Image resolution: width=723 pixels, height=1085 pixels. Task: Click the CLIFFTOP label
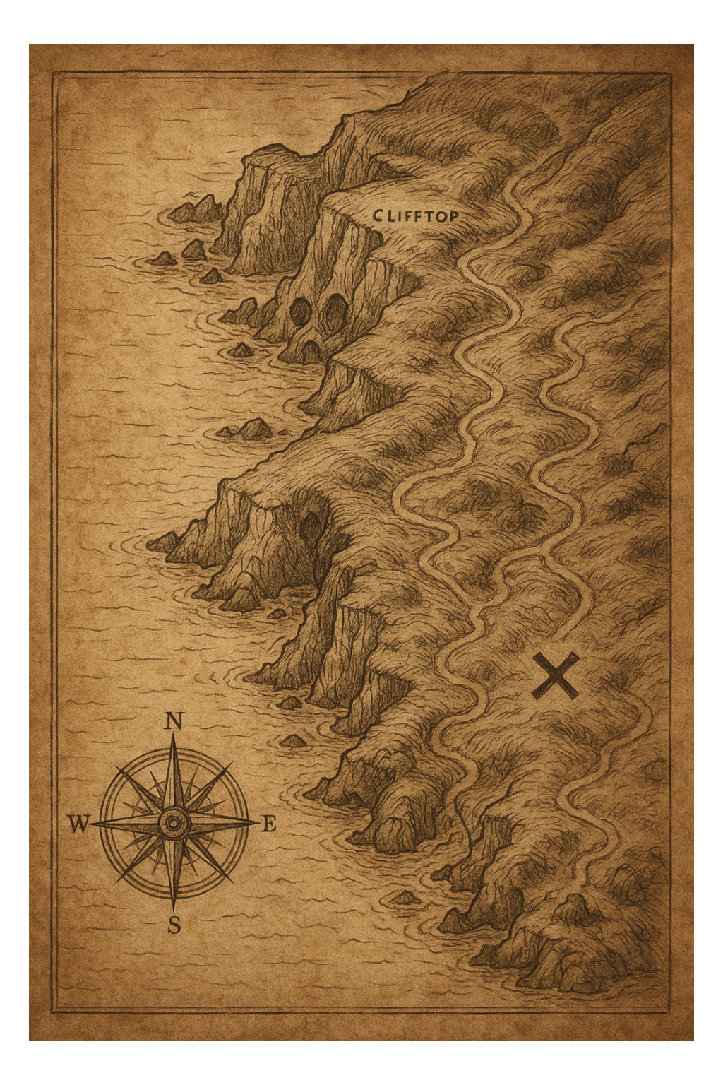tap(414, 216)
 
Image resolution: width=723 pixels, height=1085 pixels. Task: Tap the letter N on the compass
tap(174, 721)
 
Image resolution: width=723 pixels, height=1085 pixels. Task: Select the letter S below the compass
tap(174, 925)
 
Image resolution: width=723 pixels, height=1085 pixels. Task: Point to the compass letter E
tap(269, 824)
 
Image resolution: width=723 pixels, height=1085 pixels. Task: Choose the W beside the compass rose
tap(78, 824)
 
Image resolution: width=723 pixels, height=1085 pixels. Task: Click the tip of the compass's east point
tap(259, 823)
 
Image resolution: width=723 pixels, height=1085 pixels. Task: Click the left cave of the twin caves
tap(301, 309)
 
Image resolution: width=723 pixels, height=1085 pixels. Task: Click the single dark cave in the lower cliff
tap(309, 526)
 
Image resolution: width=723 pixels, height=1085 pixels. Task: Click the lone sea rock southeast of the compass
tap(406, 898)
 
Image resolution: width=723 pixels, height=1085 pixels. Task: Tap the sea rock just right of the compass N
tap(290, 740)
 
